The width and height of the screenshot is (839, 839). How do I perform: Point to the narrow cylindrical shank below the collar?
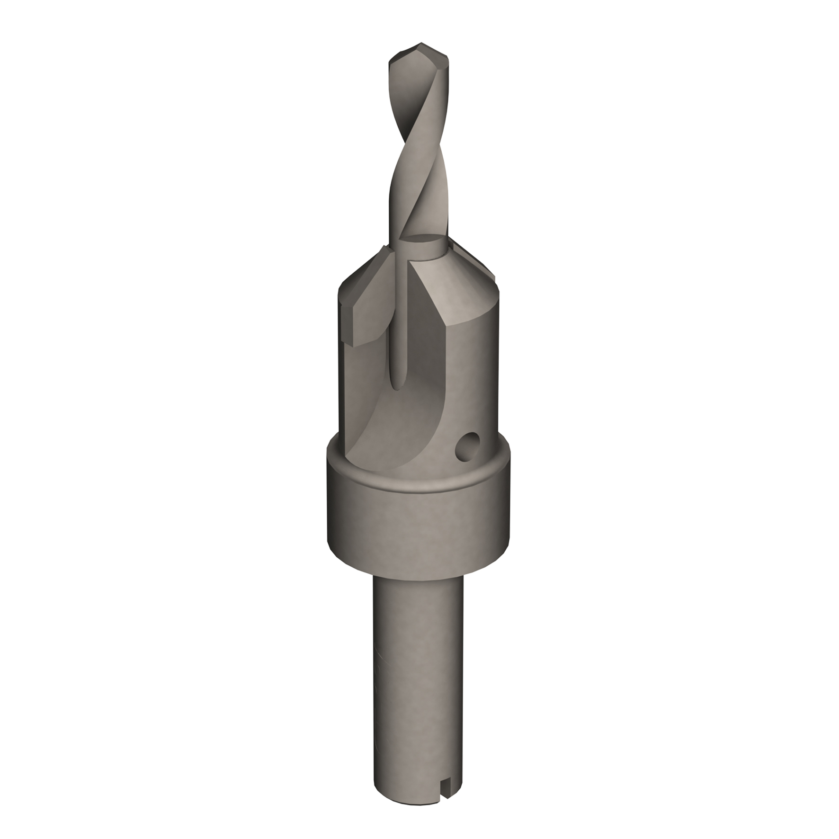417,672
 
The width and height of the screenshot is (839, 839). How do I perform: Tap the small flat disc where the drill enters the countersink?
424,241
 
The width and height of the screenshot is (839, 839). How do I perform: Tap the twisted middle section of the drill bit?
417,161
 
